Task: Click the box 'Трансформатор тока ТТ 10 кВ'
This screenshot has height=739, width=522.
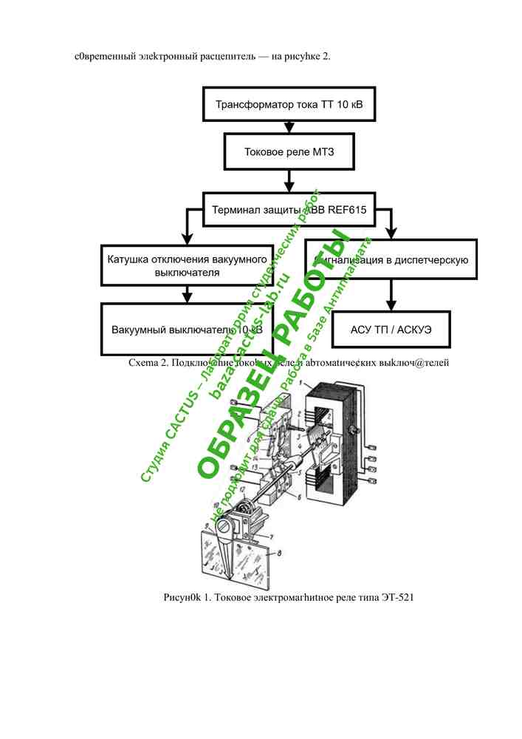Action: point(289,104)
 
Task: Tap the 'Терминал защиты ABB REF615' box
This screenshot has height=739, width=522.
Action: point(289,209)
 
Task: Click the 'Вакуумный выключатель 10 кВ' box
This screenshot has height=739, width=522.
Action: point(187,329)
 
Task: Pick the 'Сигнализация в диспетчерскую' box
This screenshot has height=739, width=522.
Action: point(391,259)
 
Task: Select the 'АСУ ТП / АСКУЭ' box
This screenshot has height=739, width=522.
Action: point(391,328)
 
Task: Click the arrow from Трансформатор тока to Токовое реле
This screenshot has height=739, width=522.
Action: point(289,127)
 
